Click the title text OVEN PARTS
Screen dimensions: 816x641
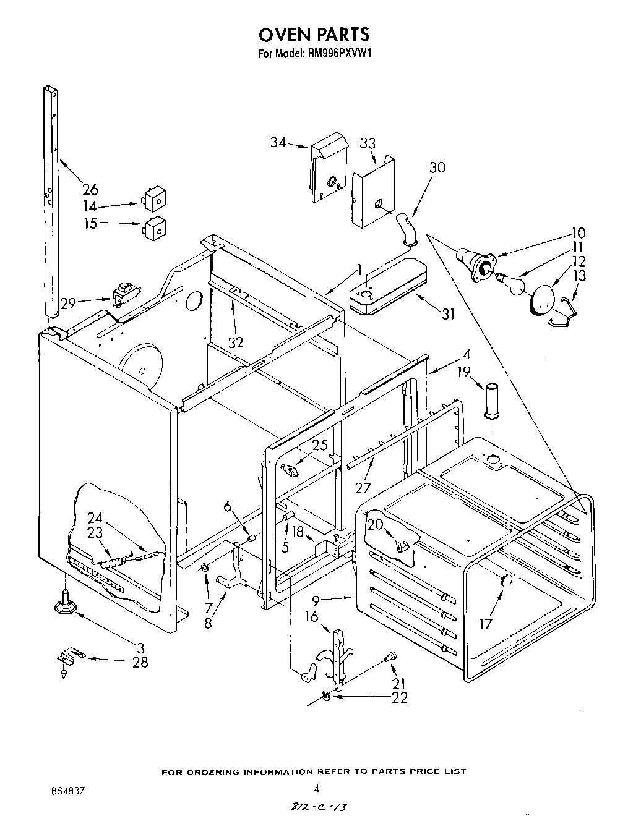pyautogui.click(x=314, y=33)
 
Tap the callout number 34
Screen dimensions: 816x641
pyautogui.click(x=278, y=143)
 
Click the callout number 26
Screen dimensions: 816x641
pyautogui.click(x=90, y=189)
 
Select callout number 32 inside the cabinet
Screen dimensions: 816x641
pyautogui.click(x=236, y=341)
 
